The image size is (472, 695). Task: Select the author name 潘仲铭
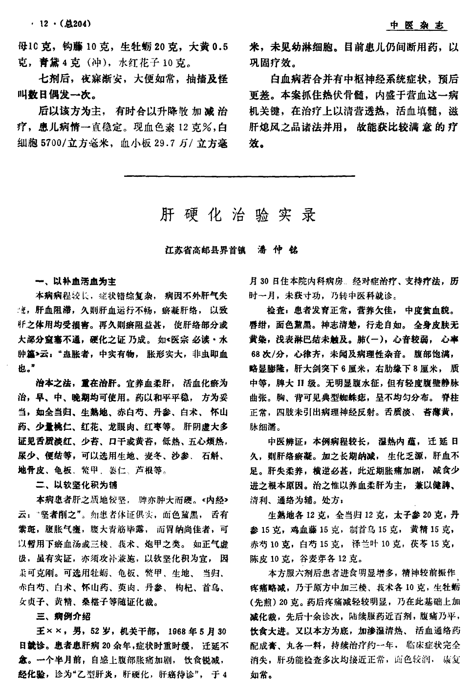(x=277, y=250)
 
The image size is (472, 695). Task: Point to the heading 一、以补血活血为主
(x=77, y=282)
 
